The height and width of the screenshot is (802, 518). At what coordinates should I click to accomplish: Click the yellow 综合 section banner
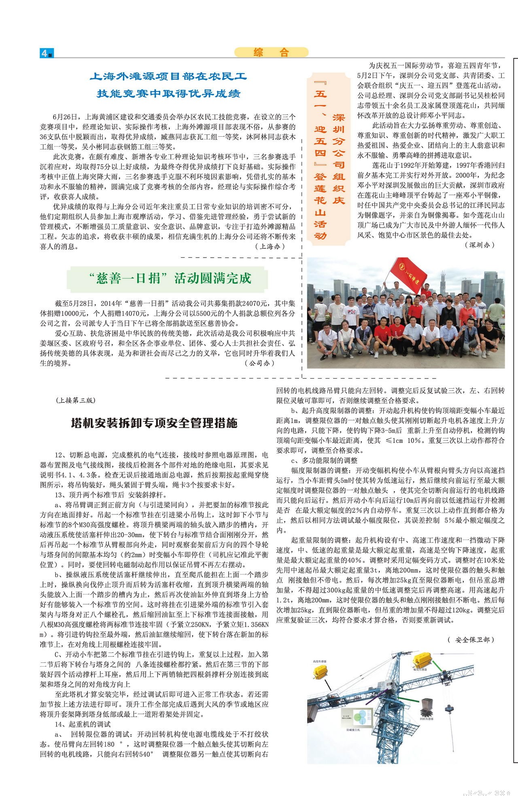pos(271,52)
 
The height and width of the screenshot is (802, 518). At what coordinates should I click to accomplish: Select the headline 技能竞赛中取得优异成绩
pos(168,94)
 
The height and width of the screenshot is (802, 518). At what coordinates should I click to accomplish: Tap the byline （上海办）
pos(270,246)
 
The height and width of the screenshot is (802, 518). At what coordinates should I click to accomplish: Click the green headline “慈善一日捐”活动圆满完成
pos(168,278)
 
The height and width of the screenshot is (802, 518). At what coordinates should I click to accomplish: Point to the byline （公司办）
pos(259,363)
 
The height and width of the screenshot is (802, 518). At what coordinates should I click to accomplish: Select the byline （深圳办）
pos(480,245)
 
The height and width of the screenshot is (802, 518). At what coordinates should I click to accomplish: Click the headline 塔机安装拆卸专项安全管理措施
pos(154,423)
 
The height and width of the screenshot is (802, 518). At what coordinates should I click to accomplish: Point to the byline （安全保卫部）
pos(471,640)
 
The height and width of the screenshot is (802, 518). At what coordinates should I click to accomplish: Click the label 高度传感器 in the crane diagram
pos(320,661)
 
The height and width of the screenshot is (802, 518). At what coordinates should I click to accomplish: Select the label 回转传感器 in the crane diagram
pos(427,719)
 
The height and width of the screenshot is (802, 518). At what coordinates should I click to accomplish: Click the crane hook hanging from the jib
pos(448,708)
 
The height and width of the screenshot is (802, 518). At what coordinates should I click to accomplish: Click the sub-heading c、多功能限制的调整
pos(324,460)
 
